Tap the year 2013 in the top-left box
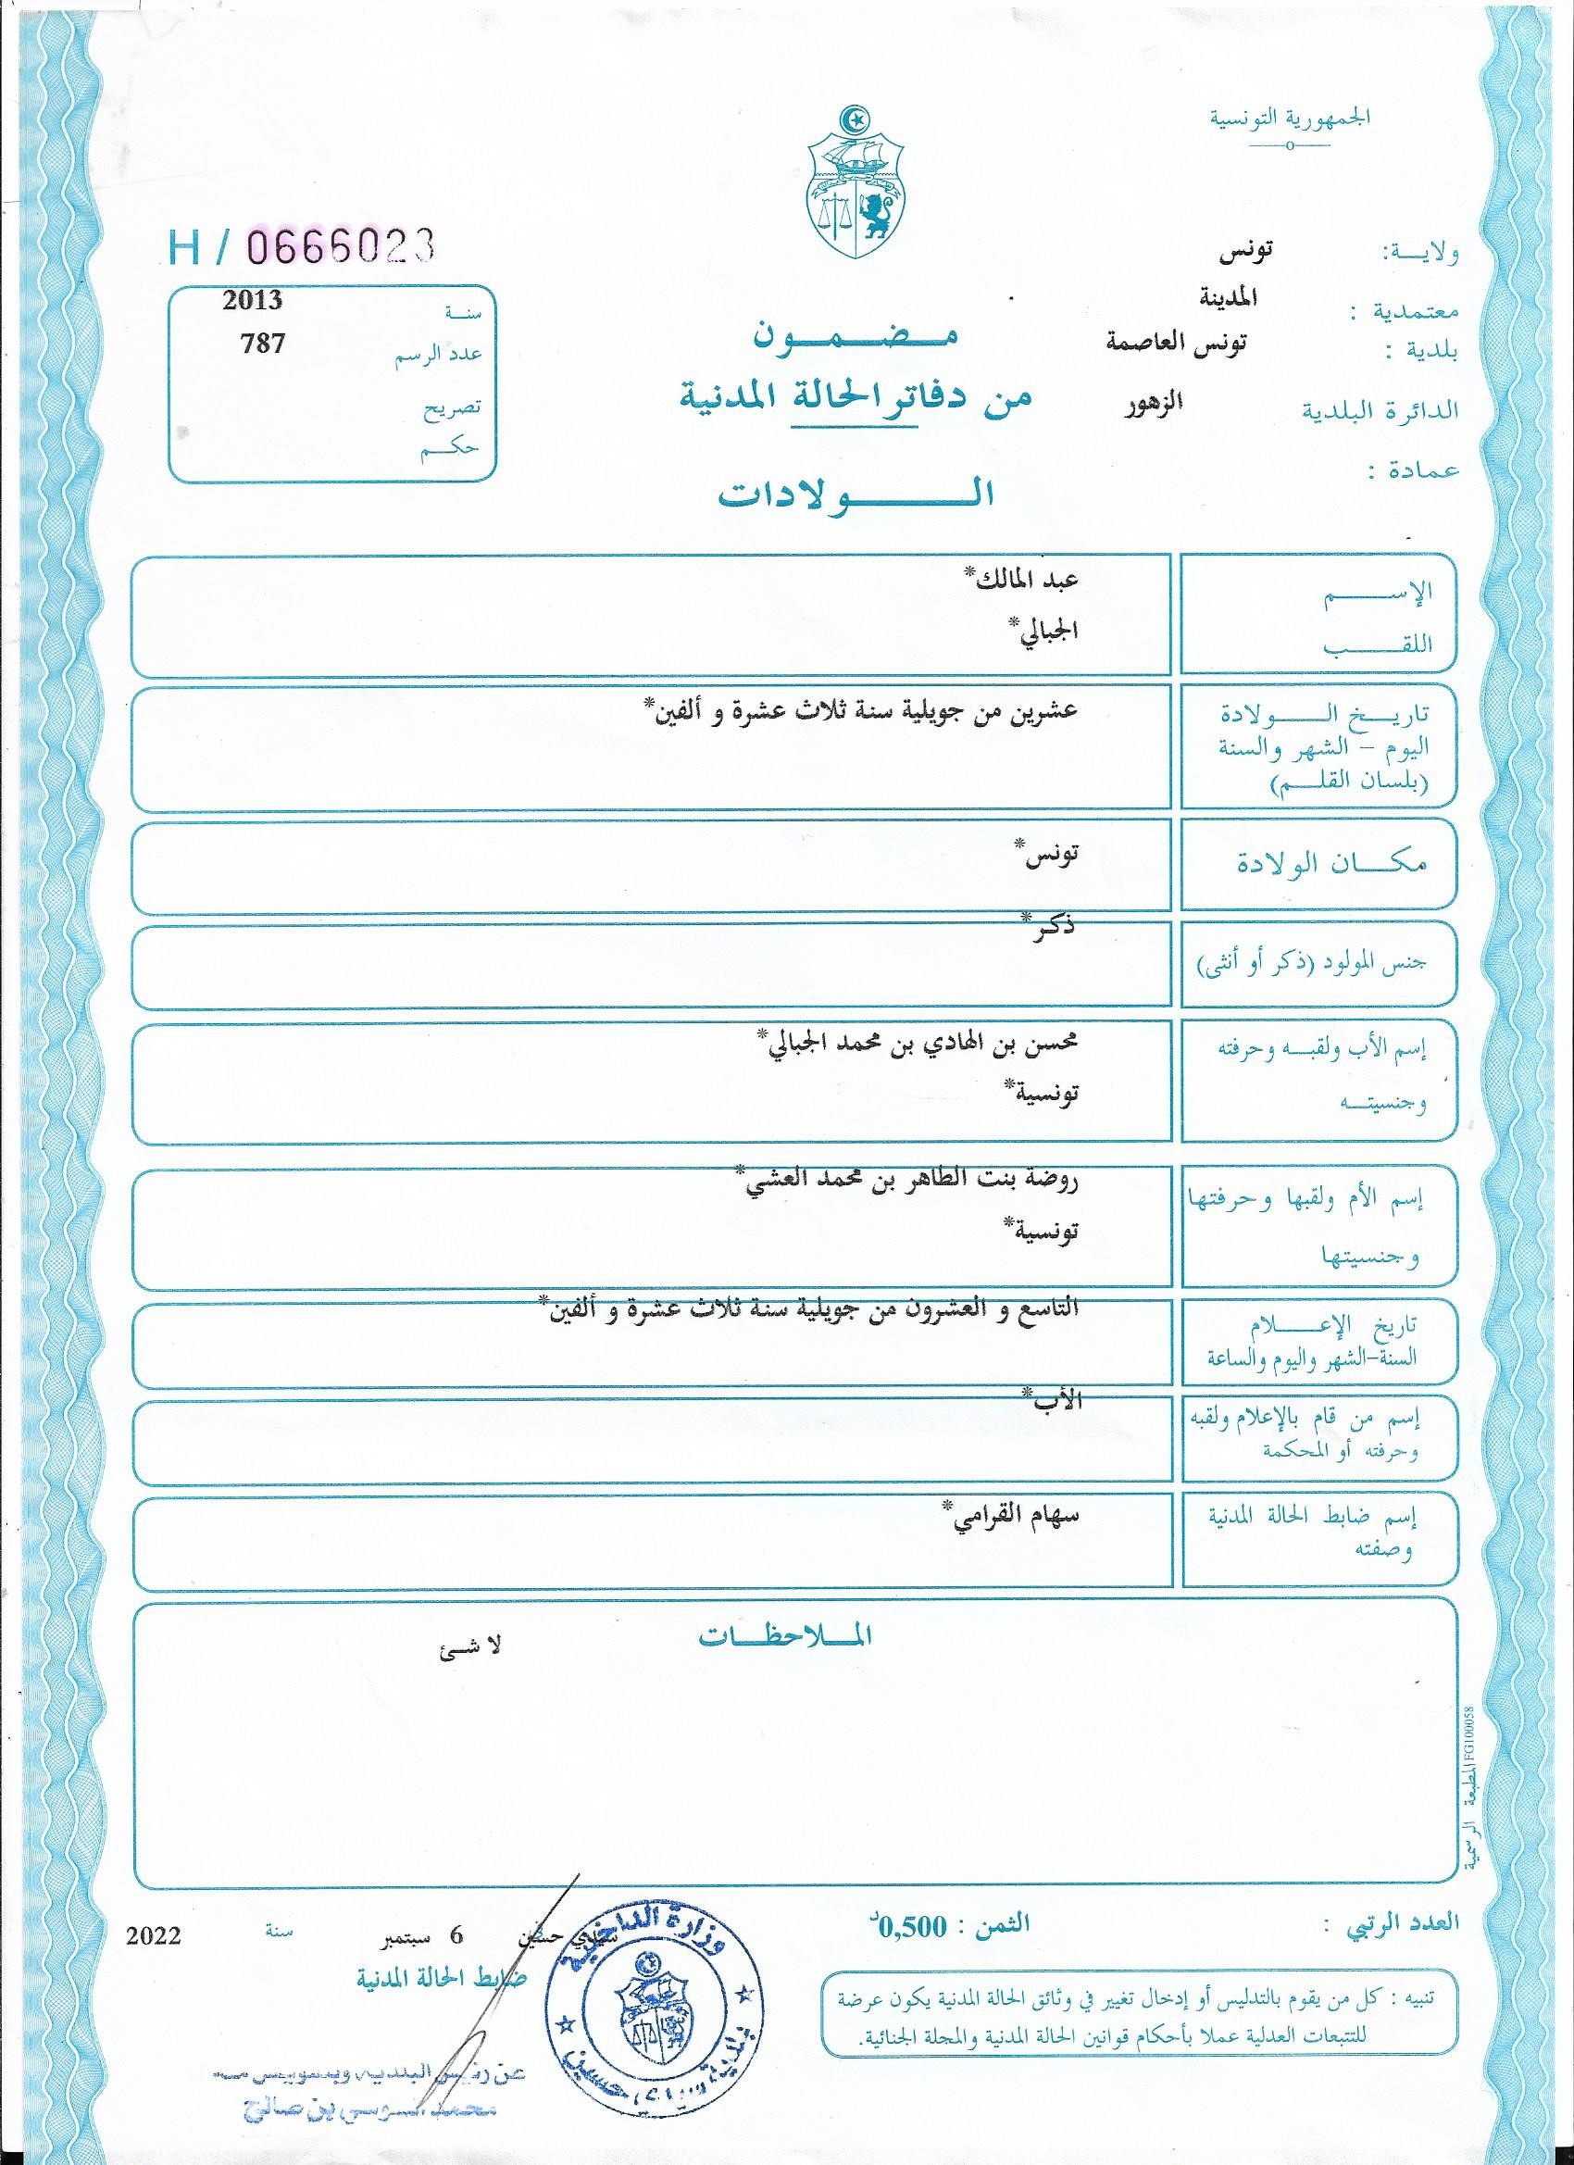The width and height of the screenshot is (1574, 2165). point(252,301)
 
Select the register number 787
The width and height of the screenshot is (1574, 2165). point(263,343)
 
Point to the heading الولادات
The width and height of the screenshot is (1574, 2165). point(856,494)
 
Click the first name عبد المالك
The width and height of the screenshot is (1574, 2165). point(1020,580)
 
